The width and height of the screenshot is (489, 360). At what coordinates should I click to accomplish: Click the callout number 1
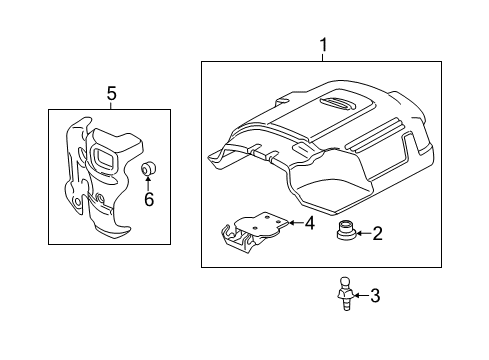coord(322,45)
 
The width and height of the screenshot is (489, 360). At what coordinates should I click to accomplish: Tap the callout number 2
coord(377,234)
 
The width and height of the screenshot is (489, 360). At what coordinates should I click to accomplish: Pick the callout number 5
coord(112,93)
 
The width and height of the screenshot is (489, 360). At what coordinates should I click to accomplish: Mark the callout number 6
coord(149,199)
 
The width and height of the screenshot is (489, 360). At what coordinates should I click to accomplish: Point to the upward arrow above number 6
coord(148,183)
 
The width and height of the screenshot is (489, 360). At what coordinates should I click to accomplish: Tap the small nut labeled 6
coord(147,167)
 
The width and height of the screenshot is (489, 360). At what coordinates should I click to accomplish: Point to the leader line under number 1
coord(322,58)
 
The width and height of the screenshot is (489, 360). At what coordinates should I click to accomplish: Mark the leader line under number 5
coord(112,105)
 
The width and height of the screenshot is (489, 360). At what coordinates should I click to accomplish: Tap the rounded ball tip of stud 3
coord(341,283)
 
